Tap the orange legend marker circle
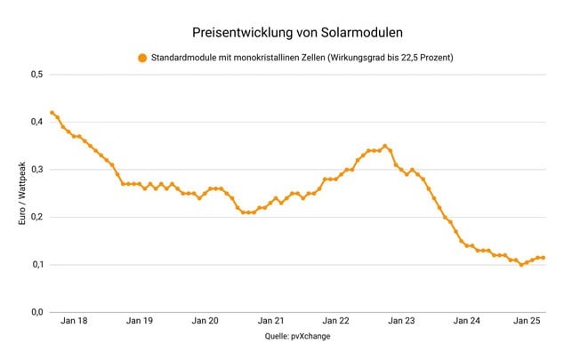point(141,59)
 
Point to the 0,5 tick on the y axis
point(36,74)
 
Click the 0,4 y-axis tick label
point(36,122)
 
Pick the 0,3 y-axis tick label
point(36,169)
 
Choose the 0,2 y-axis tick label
point(36,217)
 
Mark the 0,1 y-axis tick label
point(36,264)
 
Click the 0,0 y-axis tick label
point(36,312)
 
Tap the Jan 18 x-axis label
point(76,322)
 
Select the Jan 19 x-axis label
point(141,322)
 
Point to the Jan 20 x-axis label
point(206,322)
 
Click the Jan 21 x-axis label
point(271,322)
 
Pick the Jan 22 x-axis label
point(336,322)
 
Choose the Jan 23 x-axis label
point(402,322)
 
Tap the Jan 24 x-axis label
point(467,322)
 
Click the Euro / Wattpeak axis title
point(22,193)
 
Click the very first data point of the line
point(52,113)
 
